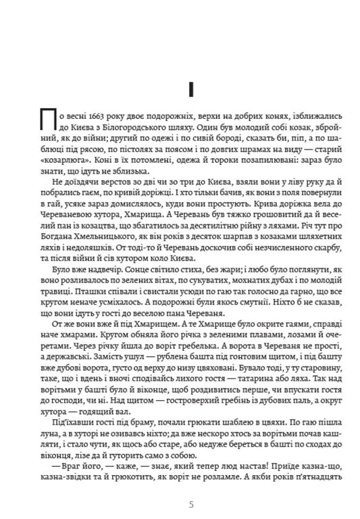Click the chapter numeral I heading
(x=191, y=88)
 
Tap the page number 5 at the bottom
(x=191, y=503)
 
